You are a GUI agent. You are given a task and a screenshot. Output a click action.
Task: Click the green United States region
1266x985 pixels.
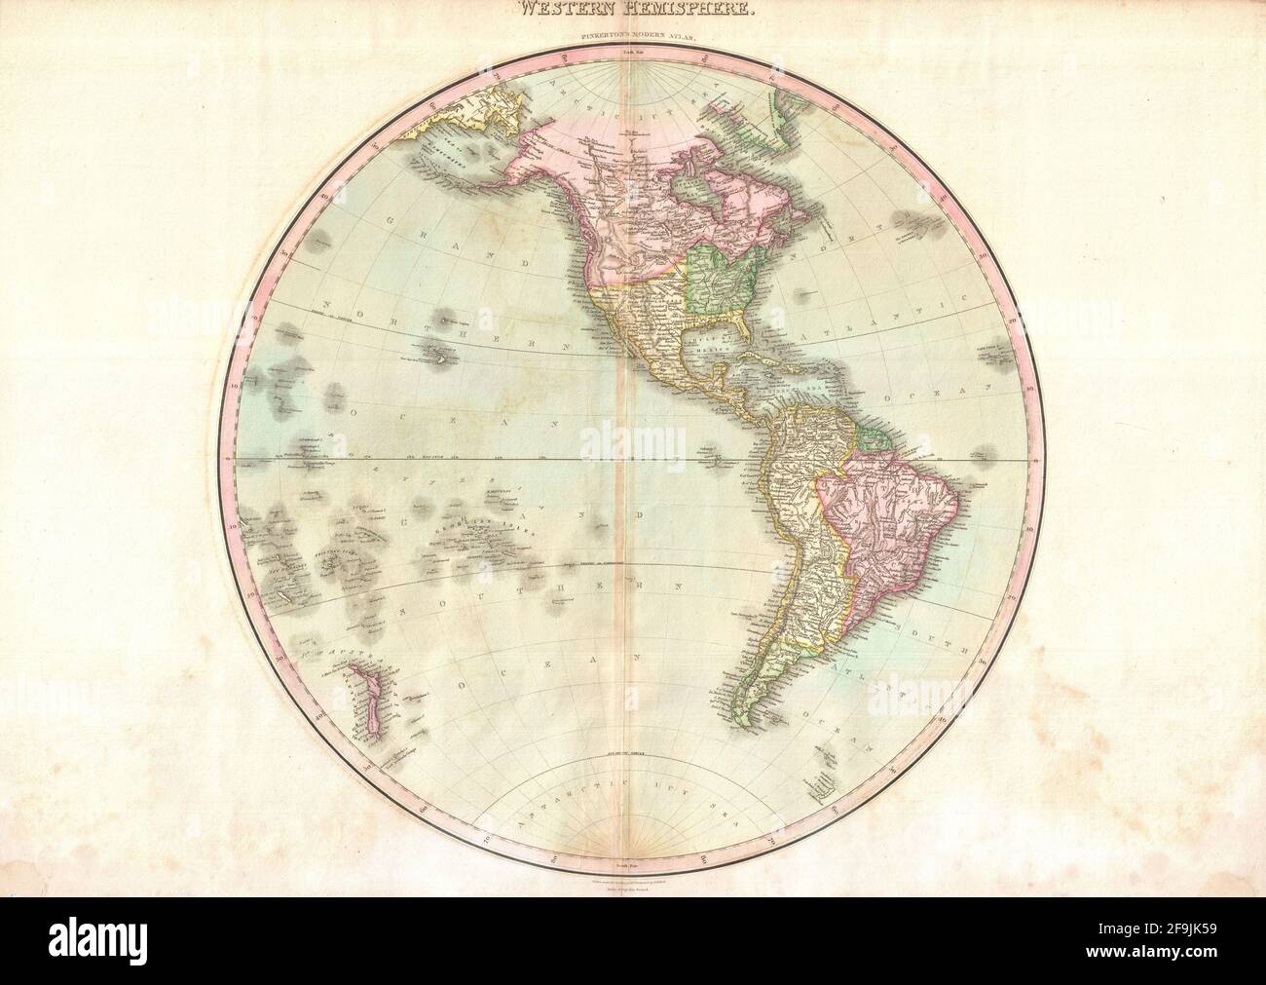pos(721,283)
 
